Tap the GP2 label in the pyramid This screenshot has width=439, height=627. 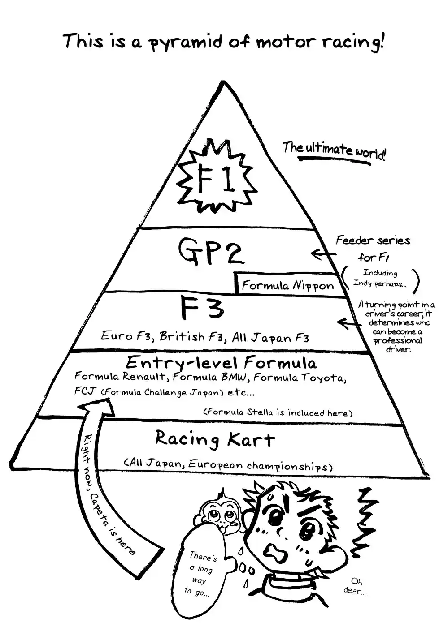(x=211, y=252)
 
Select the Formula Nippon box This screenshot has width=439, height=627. (x=287, y=285)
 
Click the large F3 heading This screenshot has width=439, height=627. (x=201, y=309)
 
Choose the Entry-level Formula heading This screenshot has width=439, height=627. (x=221, y=362)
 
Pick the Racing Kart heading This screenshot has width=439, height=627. (x=214, y=439)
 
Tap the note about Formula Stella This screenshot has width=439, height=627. (x=278, y=412)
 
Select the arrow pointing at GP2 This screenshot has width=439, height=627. (x=322, y=255)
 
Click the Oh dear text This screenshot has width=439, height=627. (x=356, y=586)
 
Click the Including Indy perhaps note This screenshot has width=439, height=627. (x=380, y=278)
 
